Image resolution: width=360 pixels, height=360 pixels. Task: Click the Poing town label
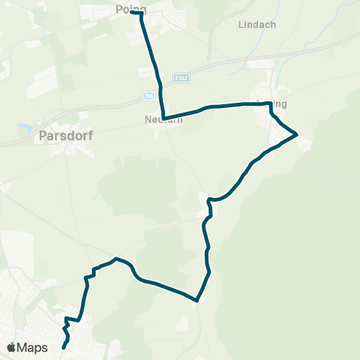coord(130,8)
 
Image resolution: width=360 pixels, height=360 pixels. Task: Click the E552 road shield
coord(180,78)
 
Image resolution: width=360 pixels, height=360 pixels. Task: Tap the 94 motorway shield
coord(149,95)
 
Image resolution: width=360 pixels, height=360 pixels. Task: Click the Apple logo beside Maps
coord(11,347)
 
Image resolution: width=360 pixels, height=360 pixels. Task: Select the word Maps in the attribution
coord(32,347)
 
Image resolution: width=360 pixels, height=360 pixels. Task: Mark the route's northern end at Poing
coord(131,13)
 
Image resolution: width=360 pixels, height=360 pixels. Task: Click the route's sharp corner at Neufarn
coord(163,118)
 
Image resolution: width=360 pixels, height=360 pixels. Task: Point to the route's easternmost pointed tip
coord(297,134)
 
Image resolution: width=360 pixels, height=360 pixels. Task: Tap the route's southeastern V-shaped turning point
coord(198,299)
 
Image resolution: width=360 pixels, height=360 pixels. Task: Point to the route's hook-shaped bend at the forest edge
coord(211,200)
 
